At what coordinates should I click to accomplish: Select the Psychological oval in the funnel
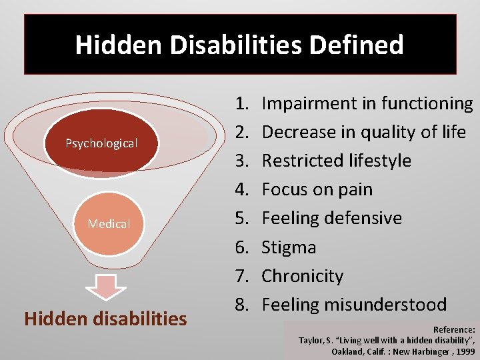[101, 143]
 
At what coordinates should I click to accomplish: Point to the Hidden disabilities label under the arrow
[105, 319]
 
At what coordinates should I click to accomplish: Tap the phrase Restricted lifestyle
[336, 161]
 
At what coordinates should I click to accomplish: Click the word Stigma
[289, 247]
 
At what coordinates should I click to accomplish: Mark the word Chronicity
[302, 276]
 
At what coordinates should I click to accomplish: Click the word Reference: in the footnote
[454, 329]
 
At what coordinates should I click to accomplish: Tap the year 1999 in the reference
[463, 350]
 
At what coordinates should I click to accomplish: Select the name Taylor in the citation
[311, 340]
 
